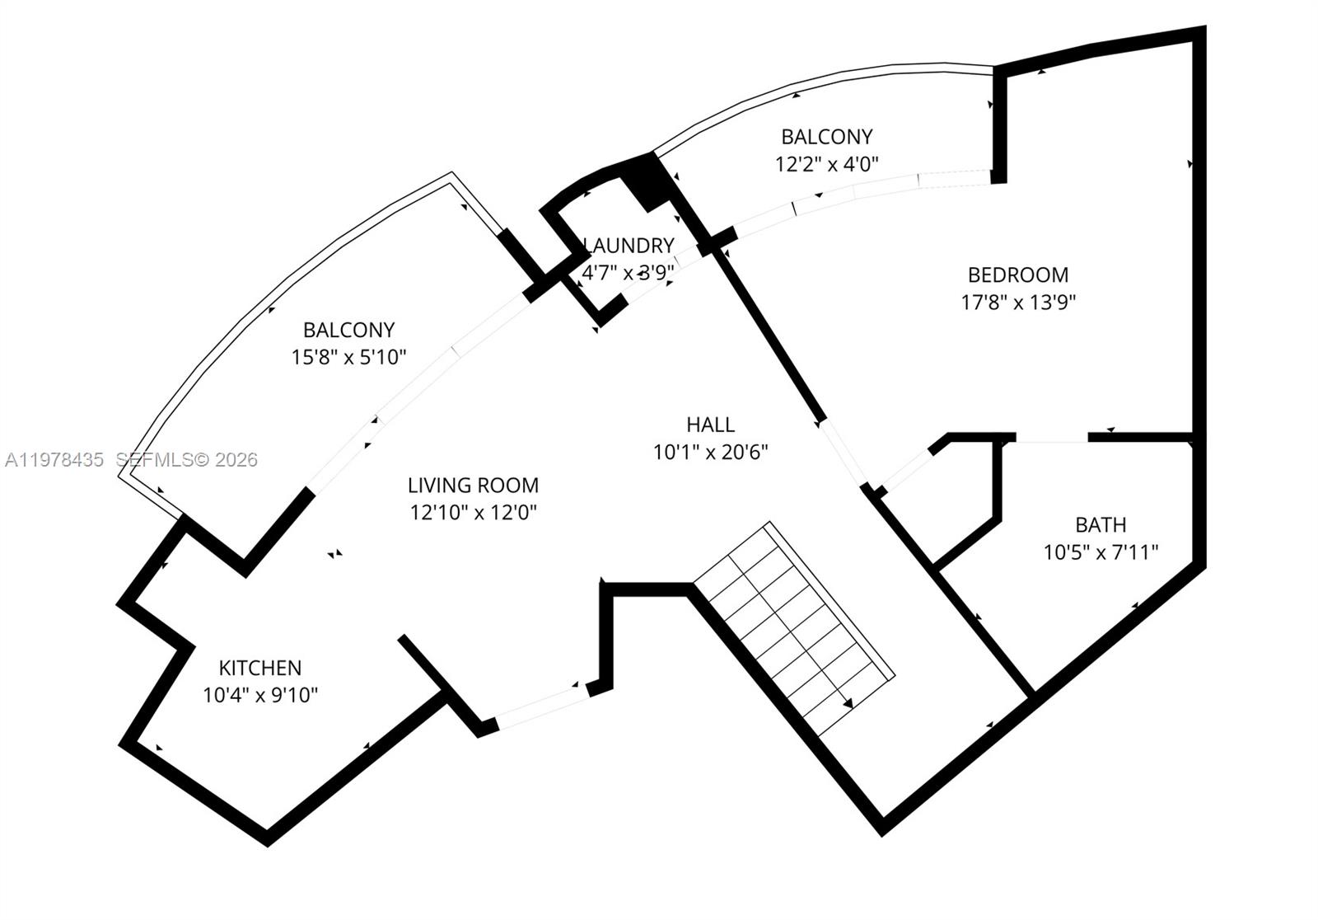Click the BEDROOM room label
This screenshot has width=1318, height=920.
pos(1018,275)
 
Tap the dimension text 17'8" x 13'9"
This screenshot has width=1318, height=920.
pos(1018,303)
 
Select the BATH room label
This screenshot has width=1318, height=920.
pos(1101,525)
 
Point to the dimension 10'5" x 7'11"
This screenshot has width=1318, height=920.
pos(1101,552)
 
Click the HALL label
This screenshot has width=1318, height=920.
pos(710,425)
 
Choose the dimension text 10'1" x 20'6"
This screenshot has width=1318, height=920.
pos(710,453)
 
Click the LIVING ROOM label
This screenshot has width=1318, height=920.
pos(473,486)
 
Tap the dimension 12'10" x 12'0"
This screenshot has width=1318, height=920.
pos(473,513)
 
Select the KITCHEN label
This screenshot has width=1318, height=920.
pos(260,668)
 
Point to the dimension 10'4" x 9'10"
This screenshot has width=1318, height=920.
pos(260,696)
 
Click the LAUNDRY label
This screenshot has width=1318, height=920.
pos(629,246)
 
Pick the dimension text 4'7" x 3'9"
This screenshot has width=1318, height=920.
pos(628,273)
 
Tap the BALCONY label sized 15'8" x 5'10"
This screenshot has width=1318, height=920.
pos(349,330)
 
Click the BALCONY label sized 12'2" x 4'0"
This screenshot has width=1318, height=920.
pos(827,137)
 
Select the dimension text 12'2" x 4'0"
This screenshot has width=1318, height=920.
pos(827,164)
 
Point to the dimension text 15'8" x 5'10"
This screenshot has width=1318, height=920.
pos(349,358)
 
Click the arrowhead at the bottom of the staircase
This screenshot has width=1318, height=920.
pos(848,702)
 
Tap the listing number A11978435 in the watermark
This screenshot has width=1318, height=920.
pos(54,459)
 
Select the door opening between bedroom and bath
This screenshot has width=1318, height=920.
pos(1051,437)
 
